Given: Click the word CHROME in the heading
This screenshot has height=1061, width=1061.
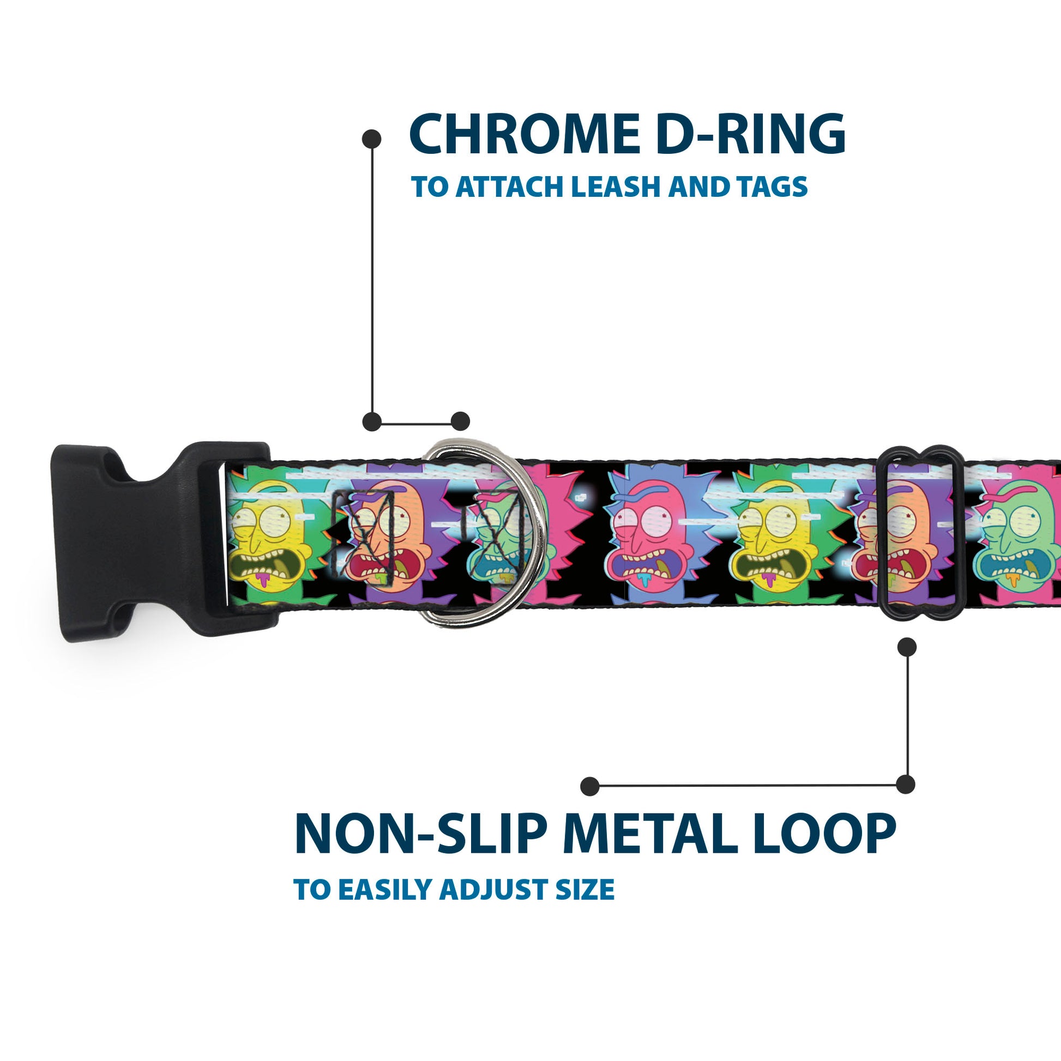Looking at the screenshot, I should (525, 135).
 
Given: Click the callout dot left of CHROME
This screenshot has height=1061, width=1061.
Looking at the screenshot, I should (372, 139).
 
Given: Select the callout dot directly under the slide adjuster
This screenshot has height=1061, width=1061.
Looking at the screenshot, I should (907, 647).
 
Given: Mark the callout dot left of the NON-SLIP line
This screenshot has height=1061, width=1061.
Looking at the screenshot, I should (589, 786).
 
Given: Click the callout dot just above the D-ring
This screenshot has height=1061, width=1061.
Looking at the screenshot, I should (460, 421).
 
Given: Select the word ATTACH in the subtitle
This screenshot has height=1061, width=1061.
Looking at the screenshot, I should (511, 186).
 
